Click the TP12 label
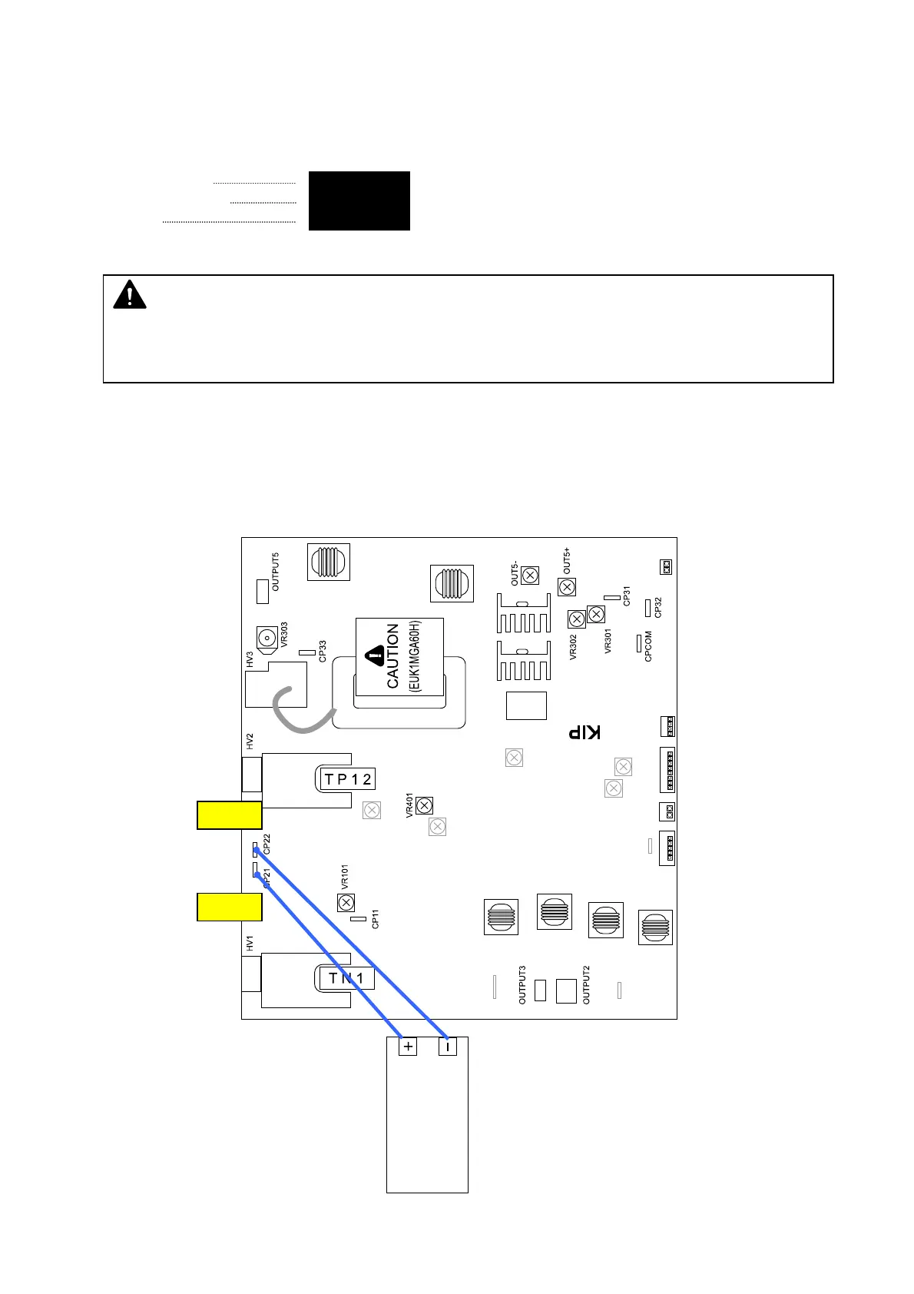pos(347,779)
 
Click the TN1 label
pos(346,978)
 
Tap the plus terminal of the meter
pos(407,1046)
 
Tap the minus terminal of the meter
pos(447,1046)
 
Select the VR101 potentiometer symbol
pos(346,902)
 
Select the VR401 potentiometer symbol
pos(424,805)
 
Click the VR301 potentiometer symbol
pos(596,615)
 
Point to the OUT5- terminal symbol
pos(530,576)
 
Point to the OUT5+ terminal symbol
pos(566,587)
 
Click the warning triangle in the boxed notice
pos(130,296)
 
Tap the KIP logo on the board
pos(584,732)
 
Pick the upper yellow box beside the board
pos(229,815)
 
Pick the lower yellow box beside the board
pos(229,907)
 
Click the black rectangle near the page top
pos(359,201)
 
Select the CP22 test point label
pos(267,844)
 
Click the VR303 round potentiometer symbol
pos(267,637)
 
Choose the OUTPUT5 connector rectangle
pos(262,590)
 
